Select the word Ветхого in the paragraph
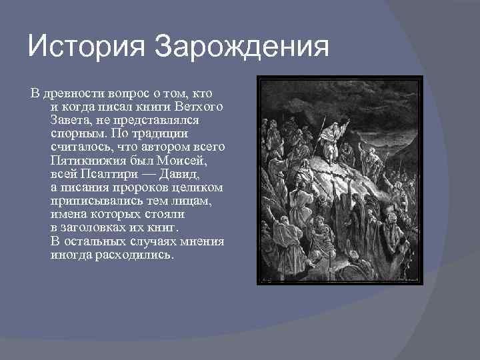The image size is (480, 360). [200, 107]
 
